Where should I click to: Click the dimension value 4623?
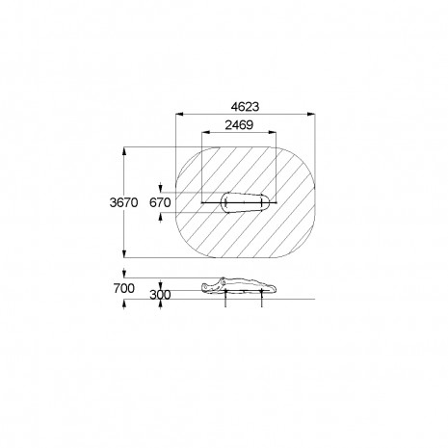point(245,107)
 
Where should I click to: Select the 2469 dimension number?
point(239,125)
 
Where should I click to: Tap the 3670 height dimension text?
point(123,202)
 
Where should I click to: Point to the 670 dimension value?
point(160,202)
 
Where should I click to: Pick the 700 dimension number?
point(123,288)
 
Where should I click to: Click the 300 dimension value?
point(160,295)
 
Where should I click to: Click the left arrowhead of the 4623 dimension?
point(179,114)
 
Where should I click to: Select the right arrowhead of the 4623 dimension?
point(311,114)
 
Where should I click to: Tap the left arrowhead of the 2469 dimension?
point(205,132)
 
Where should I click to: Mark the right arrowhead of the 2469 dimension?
point(273,132)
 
